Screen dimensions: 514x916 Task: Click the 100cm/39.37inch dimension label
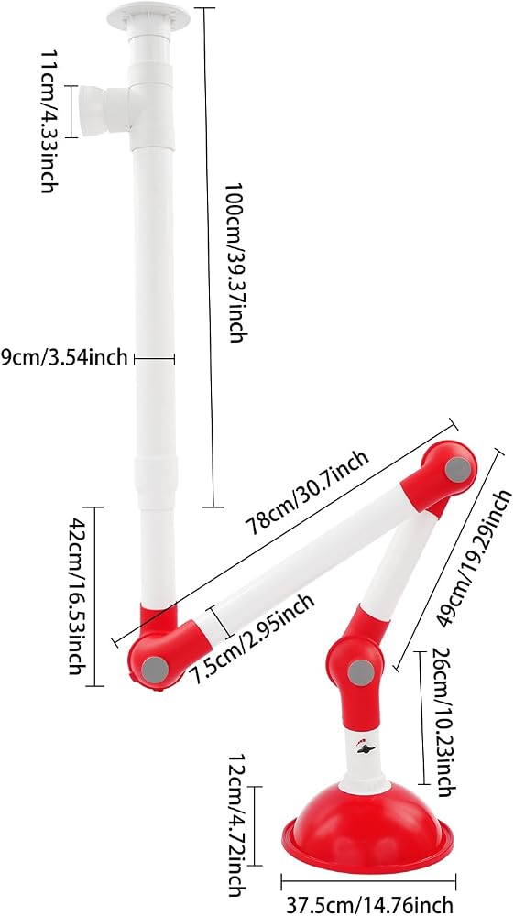pos(235,262)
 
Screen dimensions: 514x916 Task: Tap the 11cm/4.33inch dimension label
pos(50,121)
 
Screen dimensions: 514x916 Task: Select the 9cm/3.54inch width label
pos(63,357)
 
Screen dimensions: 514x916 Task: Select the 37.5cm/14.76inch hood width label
pos(370,904)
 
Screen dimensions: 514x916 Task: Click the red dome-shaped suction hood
pos(366,827)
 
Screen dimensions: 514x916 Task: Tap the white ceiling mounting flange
pos(149,16)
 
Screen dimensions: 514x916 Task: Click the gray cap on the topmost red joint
pos(458,470)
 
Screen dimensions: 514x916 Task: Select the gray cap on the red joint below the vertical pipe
pos(156,668)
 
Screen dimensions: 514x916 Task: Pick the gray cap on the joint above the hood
pos(360,672)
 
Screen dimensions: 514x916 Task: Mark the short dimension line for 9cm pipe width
pos(155,359)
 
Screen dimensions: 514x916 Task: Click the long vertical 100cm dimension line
pos(208,257)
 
